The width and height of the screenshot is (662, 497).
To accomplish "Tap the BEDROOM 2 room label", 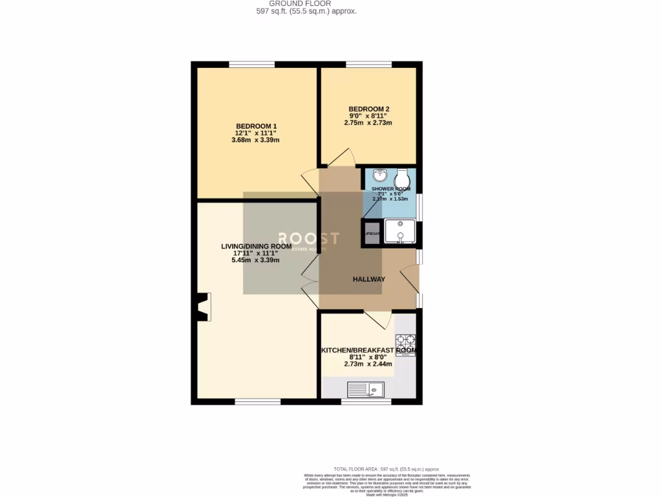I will pyautogui.click(x=368, y=109).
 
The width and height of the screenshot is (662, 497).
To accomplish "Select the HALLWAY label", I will pyautogui.click(x=368, y=280).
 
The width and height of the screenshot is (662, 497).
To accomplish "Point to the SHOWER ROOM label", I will pyautogui.click(x=390, y=189).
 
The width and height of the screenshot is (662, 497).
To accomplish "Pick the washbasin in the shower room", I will pyautogui.click(x=380, y=175).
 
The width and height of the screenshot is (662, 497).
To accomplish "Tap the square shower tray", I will pyautogui.click(x=400, y=232).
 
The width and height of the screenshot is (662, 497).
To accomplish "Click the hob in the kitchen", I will pyautogui.click(x=405, y=342).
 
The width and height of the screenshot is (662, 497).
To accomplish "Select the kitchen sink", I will pyautogui.click(x=366, y=390).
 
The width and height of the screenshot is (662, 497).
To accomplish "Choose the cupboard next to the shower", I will pyautogui.click(x=372, y=233).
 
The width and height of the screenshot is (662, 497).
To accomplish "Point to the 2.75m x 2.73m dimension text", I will pyautogui.click(x=368, y=123).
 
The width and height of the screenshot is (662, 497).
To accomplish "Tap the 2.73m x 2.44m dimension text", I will pyautogui.click(x=368, y=364).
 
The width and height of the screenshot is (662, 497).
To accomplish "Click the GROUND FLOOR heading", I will pyautogui.click(x=304, y=3).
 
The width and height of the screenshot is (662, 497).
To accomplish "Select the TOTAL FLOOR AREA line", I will pyautogui.click(x=386, y=469).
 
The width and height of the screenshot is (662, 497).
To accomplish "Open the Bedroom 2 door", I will pyautogui.click(x=341, y=157).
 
